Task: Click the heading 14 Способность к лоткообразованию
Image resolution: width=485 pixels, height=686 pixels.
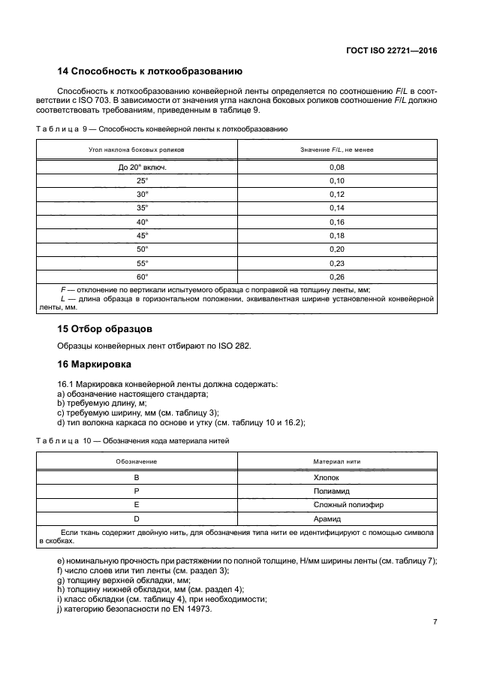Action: click(x=149, y=72)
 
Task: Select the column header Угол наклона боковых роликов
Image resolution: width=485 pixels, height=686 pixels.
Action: click(x=137, y=150)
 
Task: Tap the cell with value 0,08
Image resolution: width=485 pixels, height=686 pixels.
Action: click(x=336, y=168)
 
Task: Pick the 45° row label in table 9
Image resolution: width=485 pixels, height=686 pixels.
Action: click(x=143, y=235)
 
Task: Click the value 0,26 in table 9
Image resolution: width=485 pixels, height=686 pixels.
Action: click(x=336, y=276)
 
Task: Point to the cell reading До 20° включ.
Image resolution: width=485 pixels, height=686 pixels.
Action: click(x=143, y=168)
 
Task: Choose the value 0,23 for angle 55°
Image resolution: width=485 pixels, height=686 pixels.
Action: click(x=336, y=262)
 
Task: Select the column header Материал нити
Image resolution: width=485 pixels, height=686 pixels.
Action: click(x=336, y=461)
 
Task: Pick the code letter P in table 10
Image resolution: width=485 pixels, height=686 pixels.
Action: click(x=137, y=491)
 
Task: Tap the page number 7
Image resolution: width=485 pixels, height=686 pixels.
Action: click(x=435, y=622)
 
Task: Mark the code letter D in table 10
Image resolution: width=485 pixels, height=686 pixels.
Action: click(x=137, y=518)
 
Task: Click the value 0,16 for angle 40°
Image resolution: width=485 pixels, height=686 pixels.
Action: click(x=336, y=222)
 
